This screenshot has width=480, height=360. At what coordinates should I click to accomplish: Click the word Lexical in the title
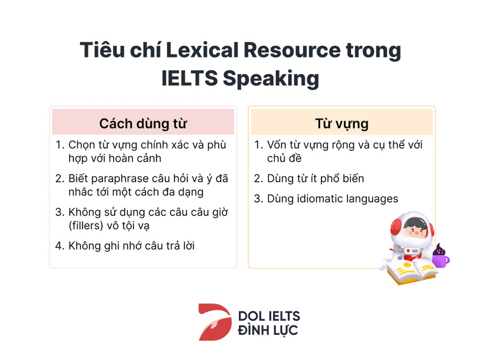[x=202, y=50]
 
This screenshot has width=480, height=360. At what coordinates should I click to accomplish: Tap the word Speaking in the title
[x=271, y=79]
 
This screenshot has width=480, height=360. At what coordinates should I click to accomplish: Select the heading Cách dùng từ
[x=143, y=124]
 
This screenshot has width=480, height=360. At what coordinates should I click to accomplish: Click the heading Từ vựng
[x=342, y=124]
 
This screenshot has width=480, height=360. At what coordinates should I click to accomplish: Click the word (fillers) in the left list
[x=86, y=226]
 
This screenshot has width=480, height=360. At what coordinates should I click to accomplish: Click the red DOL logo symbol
[x=215, y=322]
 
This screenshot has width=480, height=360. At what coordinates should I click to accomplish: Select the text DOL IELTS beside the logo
[x=269, y=316]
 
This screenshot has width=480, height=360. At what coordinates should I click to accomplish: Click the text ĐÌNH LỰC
[x=268, y=330]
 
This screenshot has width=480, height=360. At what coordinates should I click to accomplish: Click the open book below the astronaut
[x=410, y=272]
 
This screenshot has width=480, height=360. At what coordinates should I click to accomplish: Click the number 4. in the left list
[x=60, y=246]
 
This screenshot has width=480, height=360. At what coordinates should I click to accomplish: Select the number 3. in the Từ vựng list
[x=258, y=199]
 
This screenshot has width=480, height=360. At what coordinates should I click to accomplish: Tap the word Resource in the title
[x=292, y=50]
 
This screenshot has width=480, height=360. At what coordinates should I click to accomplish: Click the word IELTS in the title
[x=189, y=78]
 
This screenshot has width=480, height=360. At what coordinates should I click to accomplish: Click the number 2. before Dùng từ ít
[x=258, y=179]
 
